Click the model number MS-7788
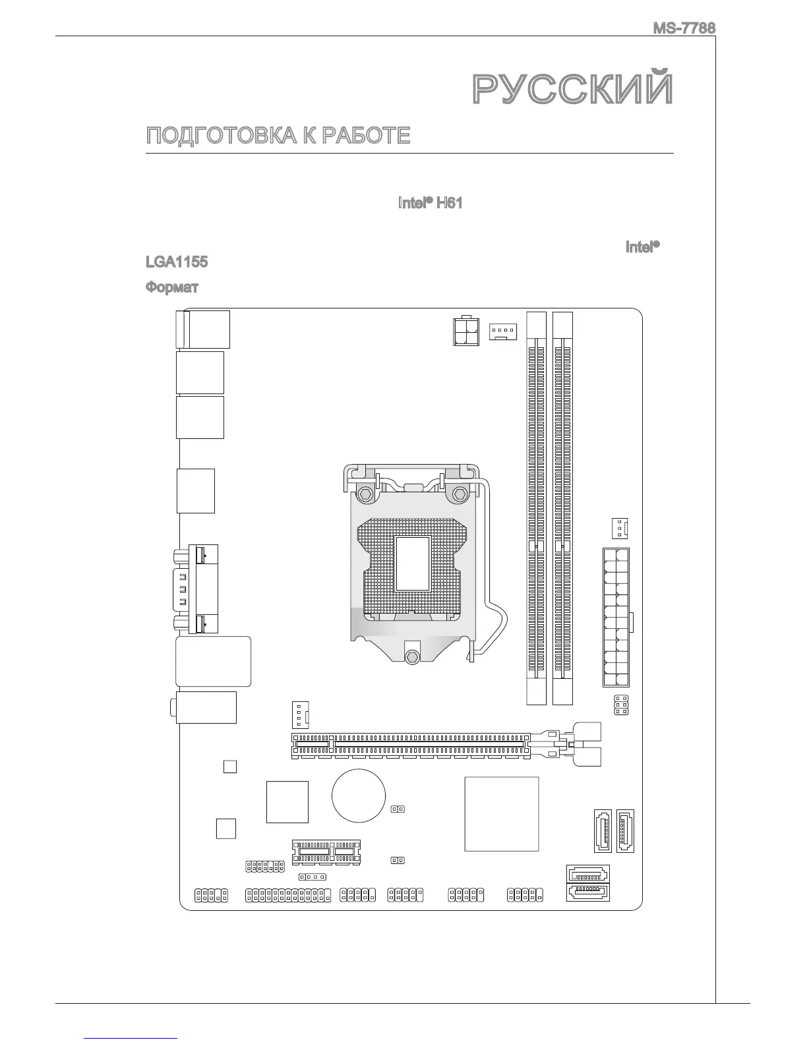(684, 28)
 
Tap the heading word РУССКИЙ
(573, 90)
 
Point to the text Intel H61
(430, 203)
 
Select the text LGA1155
(176, 262)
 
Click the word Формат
(171, 287)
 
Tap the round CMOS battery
(358, 795)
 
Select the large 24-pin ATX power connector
(615, 617)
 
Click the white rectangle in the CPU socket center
(413, 563)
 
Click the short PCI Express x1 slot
(327, 852)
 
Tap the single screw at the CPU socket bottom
(413, 656)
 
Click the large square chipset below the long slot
(501, 813)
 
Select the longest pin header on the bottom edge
(287, 896)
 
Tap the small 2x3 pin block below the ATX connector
(620, 705)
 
